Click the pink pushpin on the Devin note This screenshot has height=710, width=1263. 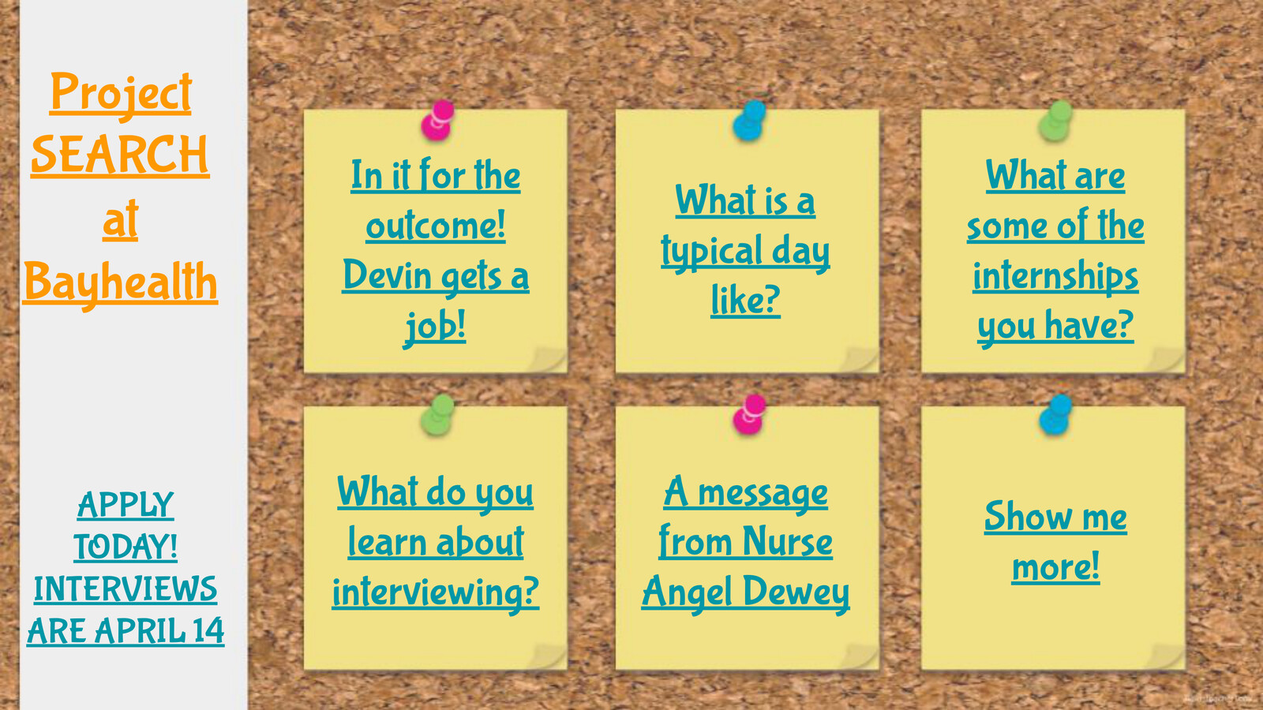pos(437,120)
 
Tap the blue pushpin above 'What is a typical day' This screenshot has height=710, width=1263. pos(749,121)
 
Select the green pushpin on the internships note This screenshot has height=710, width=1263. pos(1055,121)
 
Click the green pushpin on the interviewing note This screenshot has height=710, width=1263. pos(437,415)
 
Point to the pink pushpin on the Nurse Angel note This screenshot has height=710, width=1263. pos(749,415)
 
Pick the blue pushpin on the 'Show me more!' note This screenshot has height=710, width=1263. pos(1055,415)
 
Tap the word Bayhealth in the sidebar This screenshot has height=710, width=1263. pos(120,283)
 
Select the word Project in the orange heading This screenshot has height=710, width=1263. pos(121,94)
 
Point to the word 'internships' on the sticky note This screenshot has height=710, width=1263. pos(1055,277)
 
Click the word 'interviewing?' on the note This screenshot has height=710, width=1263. pos(435,592)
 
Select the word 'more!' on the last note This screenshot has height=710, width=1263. pos(1055,566)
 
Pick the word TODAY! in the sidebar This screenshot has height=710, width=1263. pos(126,547)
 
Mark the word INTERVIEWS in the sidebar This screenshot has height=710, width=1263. pos(126,589)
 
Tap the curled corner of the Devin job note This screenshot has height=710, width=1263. pos(548,360)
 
